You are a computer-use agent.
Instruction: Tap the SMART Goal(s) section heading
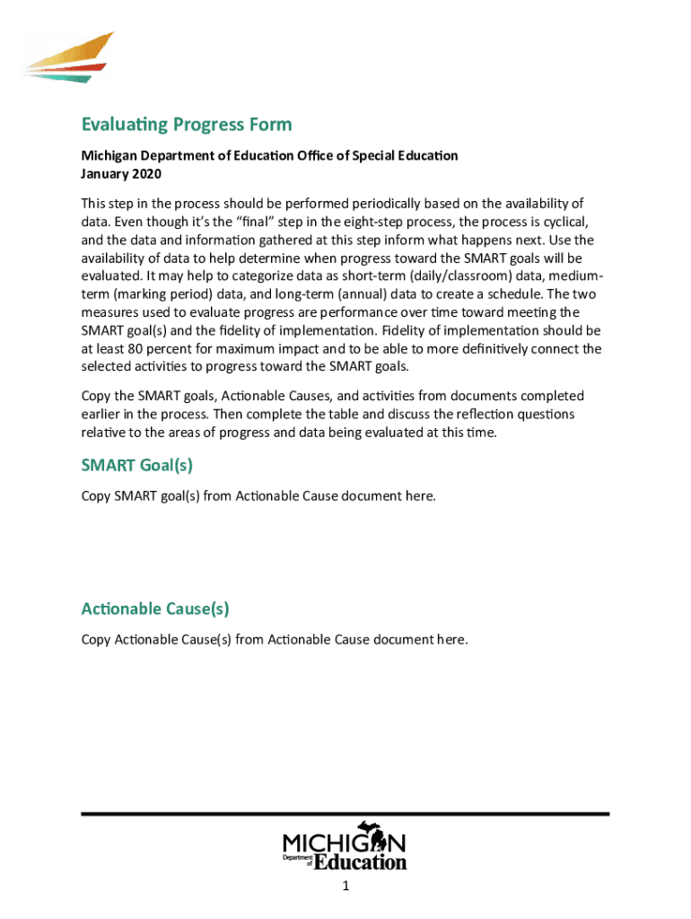click(137, 465)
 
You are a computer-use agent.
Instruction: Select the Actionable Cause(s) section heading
click(155, 608)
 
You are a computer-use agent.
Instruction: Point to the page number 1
click(345, 887)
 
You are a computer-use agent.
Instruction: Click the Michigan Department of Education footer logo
click(345, 846)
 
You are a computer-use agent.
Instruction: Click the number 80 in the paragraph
click(145, 348)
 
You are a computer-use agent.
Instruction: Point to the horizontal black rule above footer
click(345, 813)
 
